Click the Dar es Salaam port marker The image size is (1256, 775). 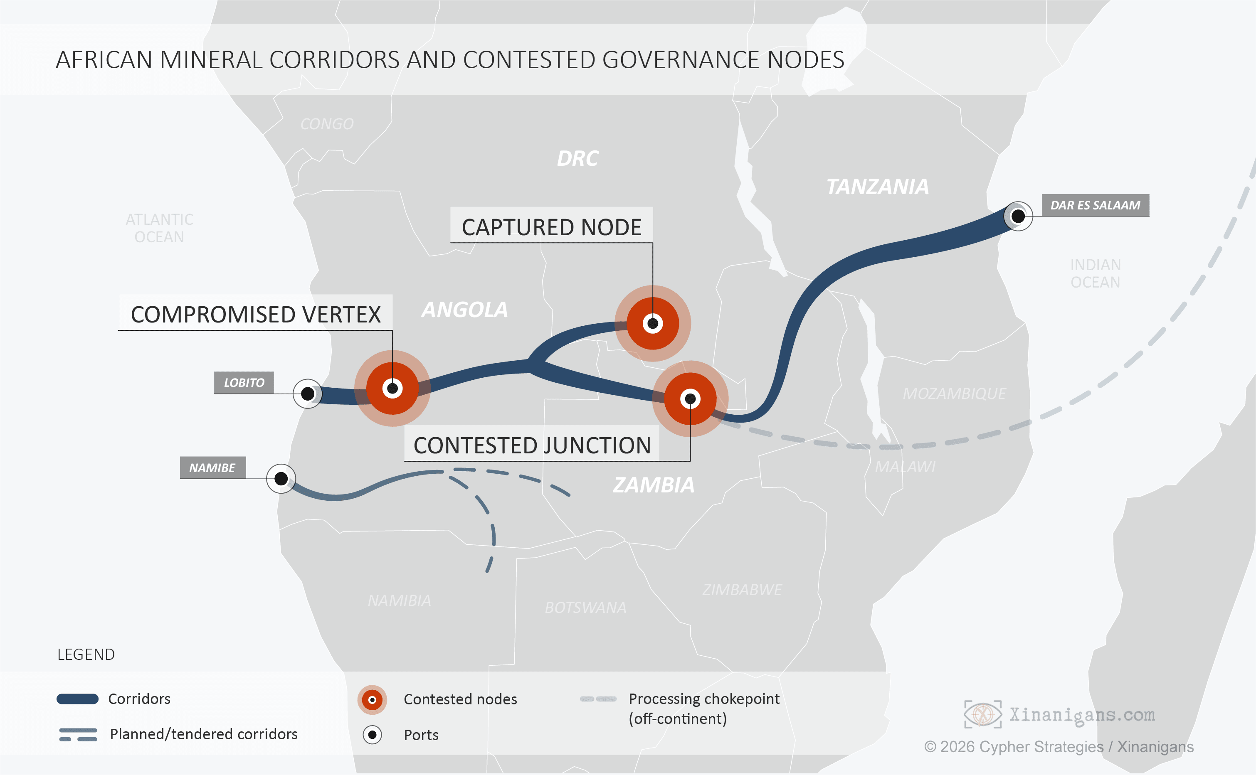click(1018, 217)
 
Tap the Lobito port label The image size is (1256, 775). click(244, 383)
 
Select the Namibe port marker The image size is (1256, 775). click(281, 479)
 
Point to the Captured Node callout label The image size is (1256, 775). click(552, 227)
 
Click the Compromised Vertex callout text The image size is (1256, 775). click(256, 314)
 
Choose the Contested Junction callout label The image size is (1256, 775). click(532, 445)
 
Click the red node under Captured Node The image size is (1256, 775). click(653, 323)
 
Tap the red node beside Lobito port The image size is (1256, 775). click(392, 389)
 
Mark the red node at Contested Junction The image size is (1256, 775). click(690, 399)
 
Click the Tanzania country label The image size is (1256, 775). click(878, 187)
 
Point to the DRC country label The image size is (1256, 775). click(578, 158)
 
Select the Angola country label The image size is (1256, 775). click(464, 310)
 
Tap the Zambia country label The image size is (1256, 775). click(654, 485)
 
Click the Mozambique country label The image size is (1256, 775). click(954, 394)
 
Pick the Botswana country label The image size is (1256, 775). click(585, 608)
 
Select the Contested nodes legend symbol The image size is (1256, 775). click(372, 700)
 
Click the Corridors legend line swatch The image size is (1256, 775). click(77, 699)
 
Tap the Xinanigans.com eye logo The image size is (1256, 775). click(983, 714)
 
